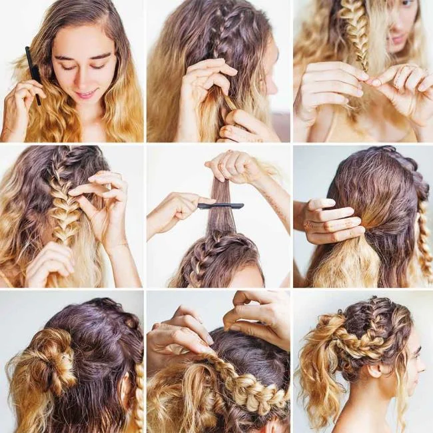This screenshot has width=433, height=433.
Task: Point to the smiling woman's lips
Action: point(86,94)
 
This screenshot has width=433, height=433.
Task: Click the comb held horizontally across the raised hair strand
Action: point(220,206)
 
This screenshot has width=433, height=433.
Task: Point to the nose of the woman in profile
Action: point(422,366)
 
